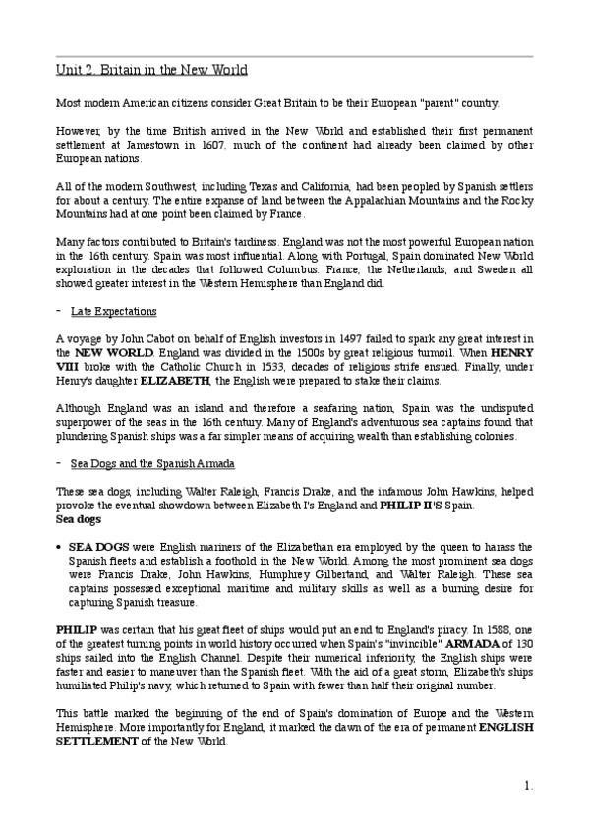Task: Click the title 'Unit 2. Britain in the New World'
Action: (149, 70)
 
